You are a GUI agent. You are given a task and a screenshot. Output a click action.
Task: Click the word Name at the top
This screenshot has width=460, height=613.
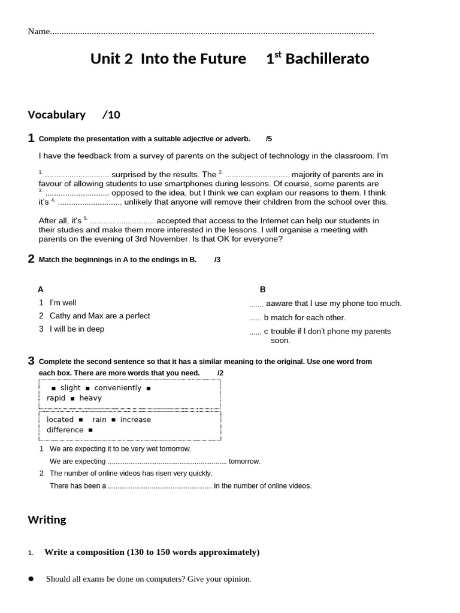[x=38, y=32]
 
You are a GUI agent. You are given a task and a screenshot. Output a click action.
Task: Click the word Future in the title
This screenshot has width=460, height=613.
[x=226, y=59]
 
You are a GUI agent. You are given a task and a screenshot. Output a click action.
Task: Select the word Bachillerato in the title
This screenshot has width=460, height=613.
[x=327, y=59]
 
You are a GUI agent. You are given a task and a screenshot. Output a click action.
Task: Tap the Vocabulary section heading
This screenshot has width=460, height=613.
[x=56, y=114]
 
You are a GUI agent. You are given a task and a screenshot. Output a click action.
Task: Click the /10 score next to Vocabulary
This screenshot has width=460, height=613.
[x=111, y=114]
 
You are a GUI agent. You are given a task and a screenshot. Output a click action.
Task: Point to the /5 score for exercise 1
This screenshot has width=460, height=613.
[x=269, y=139]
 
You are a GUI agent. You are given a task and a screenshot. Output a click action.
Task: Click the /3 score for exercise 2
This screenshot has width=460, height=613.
[x=217, y=259]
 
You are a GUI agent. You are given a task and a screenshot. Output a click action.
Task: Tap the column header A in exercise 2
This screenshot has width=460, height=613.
[x=41, y=289]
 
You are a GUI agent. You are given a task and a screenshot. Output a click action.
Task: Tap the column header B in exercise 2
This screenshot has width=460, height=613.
[x=262, y=289]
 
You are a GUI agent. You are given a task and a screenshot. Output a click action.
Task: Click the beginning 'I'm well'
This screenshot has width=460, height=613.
[x=63, y=303]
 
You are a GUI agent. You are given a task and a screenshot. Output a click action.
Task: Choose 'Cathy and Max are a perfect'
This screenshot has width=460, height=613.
[x=99, y=315]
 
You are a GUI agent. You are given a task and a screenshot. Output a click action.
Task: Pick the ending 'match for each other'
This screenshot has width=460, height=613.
[x=308, y=317]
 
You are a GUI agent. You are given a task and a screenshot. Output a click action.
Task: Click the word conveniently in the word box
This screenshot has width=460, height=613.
[x=118, y=388]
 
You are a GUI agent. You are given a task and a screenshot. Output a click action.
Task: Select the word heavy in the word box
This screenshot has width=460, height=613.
[x=90, y=398]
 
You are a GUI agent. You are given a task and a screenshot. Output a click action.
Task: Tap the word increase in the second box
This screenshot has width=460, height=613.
[x=135, y=420]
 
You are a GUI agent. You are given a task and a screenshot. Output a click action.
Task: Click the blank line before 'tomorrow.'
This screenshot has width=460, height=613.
[x=167, y=462]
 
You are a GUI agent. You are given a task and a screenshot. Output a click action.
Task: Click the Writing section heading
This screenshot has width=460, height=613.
[x=47, y=520]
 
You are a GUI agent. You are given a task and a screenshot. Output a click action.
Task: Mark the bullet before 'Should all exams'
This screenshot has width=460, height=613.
[x=31, y=579]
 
